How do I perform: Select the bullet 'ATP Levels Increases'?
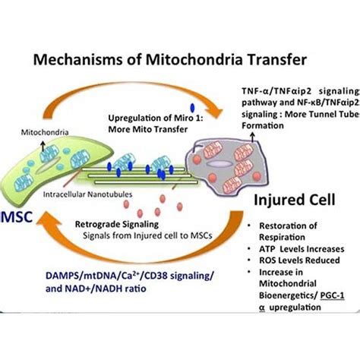coord(299,248)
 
